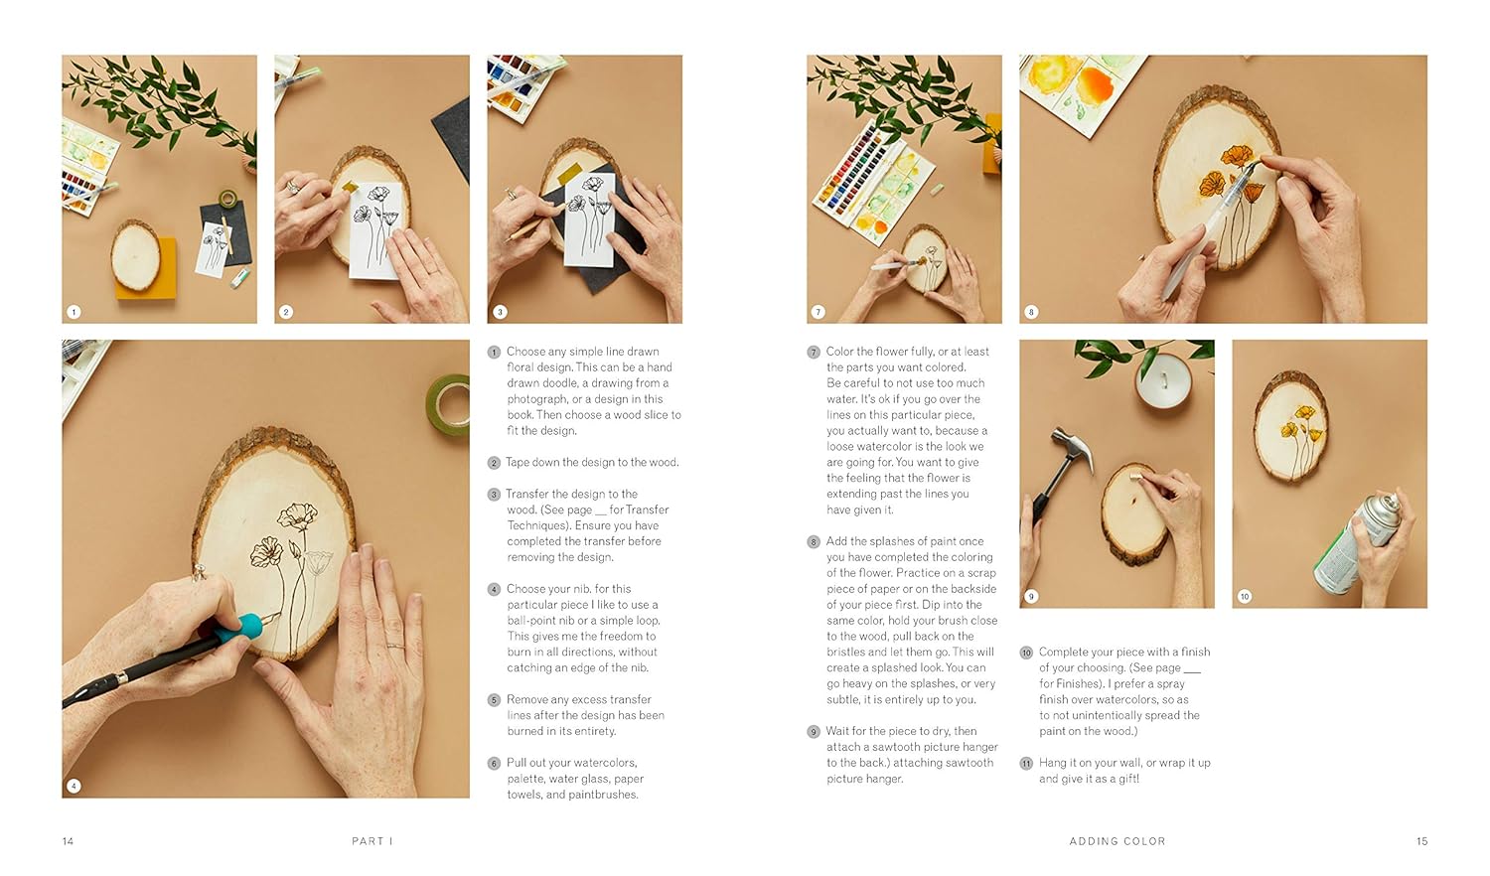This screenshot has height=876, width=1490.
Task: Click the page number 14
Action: [68, 841]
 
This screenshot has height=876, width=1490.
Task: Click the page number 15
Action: [1422, 841]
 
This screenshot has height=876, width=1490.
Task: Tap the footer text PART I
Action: [372, 841]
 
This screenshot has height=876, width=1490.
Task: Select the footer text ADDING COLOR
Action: [1117, 841]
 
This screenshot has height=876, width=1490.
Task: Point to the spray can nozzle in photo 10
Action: [1389, 500]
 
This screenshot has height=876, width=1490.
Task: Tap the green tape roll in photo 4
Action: [448, 404]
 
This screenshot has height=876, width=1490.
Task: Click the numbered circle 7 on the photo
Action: [819, 312]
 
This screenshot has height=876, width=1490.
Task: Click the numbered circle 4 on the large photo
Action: [74, 787]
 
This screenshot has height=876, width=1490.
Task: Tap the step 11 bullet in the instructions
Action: [1026, 764]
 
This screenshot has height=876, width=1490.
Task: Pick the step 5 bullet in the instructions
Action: [494, 700]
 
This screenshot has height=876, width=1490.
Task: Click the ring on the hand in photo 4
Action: [395, 646]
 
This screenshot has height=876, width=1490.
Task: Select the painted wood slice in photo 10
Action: [1291, 426]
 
